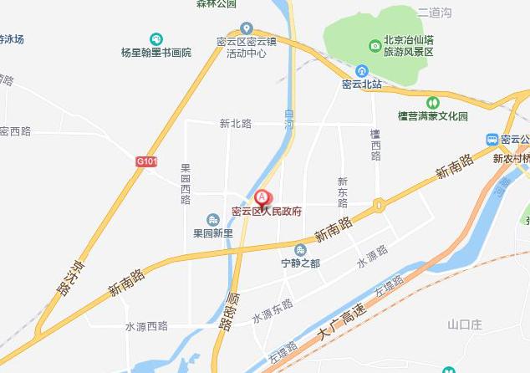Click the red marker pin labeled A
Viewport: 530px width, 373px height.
point(262,197)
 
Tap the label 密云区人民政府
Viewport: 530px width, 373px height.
point(266,212)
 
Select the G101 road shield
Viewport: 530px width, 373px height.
point(146,161)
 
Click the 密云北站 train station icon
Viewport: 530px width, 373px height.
point(362,71)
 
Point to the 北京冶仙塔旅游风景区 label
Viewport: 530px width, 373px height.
point(407,46)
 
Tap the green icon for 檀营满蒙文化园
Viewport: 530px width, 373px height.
point(433,102)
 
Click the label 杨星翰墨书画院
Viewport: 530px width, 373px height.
point(156,52)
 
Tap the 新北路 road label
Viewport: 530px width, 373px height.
point(236,124)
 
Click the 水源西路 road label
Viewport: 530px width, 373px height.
point(146,326)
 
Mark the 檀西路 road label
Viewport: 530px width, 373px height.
point(375,145)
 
